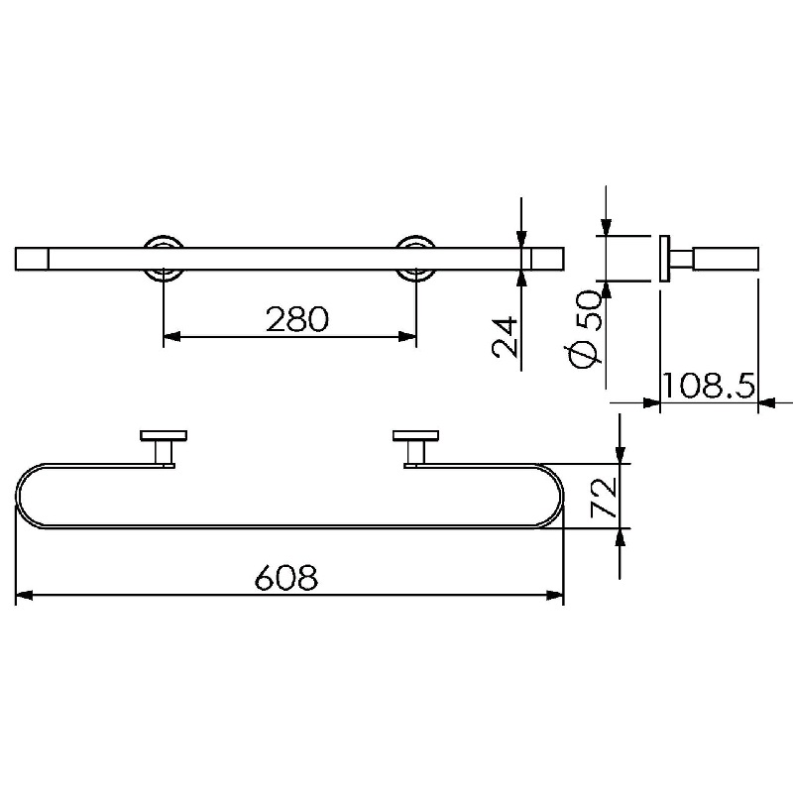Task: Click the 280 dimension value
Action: (297, 319)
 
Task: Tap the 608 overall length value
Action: (286, 577)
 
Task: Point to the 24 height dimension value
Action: (506, 337)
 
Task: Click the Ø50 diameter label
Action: (588, 329)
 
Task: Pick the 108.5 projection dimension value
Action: (708, 386)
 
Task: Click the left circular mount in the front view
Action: (164, 258)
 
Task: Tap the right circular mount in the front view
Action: (415, 258)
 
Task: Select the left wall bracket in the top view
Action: (164, 449)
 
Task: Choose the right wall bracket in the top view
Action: (415, 449)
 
